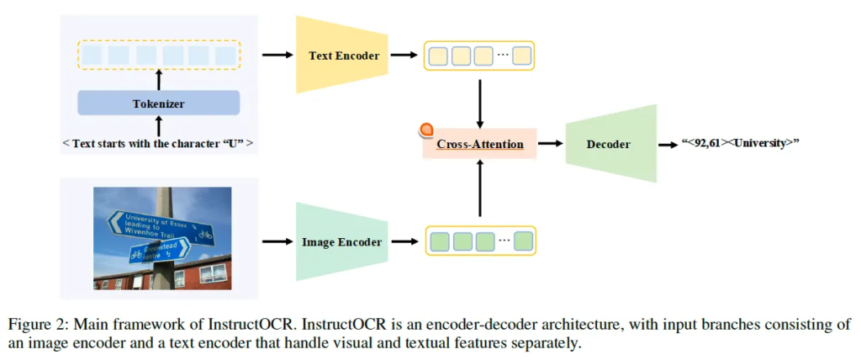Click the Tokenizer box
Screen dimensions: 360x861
coord(158,103)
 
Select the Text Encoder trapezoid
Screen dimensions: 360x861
coord(341,56)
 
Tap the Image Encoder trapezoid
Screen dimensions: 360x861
coord(341,241)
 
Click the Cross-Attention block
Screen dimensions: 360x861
coord(479,144)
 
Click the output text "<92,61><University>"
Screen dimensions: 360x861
coord(739,143)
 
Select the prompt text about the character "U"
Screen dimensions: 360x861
coord(158,143)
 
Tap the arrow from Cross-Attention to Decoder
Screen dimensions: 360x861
coord(551,144)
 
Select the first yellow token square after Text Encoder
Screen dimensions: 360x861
coord(439,56)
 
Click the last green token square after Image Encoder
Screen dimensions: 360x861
coord(523,241)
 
